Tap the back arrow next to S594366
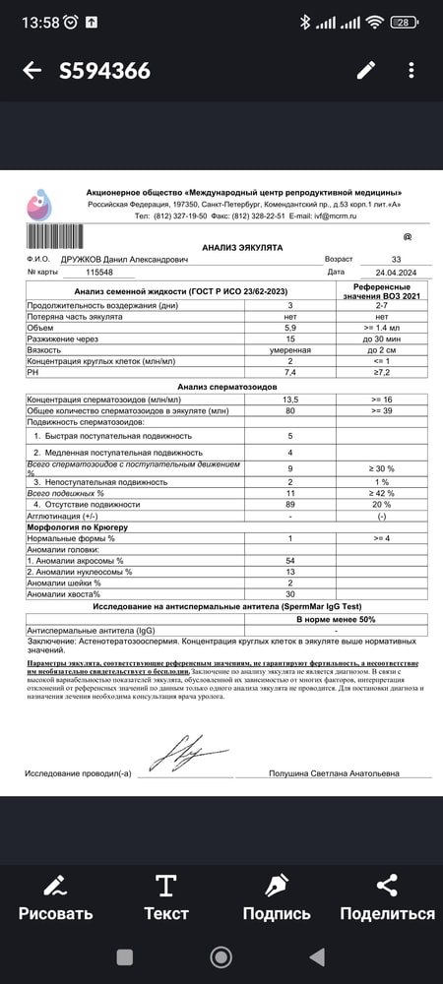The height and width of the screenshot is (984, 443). pyautogui.click(x=32, y=70)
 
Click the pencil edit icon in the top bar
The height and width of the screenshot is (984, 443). pyautogui.click(x=366, y=70)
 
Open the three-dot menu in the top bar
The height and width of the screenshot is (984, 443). pyautogui.click(x=411, y=70)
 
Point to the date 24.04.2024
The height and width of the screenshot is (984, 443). pyautogui.click(x=383, y=272)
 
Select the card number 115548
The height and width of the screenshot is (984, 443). pyautogui.click(x=100, y=272)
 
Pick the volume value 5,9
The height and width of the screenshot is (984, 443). pyautogui.click(x=290, y=328)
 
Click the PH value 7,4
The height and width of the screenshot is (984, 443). pyautogui.click(x=290, y=372)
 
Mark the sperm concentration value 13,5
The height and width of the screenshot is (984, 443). pyautogui.click(x=290, y=400)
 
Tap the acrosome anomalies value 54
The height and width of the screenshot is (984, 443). pyautogui.click(x=290, y=560)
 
